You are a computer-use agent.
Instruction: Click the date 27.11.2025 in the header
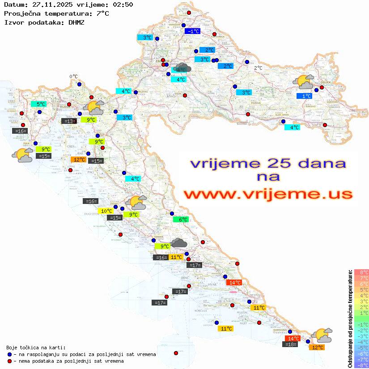point(51,4)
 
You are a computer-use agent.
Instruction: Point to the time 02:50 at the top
point(123,4)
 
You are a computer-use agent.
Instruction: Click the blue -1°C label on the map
point(193,31)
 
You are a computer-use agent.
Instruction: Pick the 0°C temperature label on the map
point(73,76)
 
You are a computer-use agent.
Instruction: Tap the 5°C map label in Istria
point(40,104)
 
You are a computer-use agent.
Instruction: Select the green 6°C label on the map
point(182,220)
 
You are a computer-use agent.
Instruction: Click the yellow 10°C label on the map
point(106,211)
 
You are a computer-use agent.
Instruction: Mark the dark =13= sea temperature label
point(68,121)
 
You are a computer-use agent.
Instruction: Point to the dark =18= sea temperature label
point(291,344)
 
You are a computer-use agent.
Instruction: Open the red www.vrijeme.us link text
point(267,194)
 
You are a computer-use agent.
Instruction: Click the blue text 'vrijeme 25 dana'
point(267,163)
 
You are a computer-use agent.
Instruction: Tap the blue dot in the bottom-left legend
point(10,354)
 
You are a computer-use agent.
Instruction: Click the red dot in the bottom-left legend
point(10,361)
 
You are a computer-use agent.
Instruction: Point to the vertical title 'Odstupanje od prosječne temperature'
point(350,318)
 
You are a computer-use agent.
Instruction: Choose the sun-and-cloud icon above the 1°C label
point(304,82)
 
